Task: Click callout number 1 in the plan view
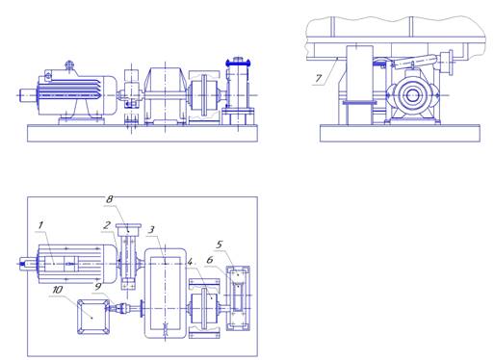click(x=40, y=225)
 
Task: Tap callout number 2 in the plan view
click(x=107, y=225)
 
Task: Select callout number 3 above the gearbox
click(x=151, y=229)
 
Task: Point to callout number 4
click(x=190, y=262)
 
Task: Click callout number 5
click(x=219, y=244)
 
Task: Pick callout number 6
click(x=210, y=260)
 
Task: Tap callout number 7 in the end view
click(x=319, y=78)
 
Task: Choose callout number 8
click(x=110, y=199)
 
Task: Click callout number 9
click(x=98, y=287)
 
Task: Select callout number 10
click(x=58, y=290)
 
